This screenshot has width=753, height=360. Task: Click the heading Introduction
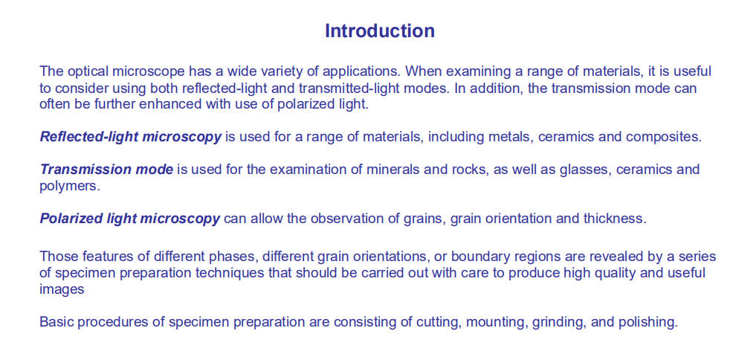[x=380, y=30]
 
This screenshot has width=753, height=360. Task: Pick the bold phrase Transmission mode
[x=106, y=169]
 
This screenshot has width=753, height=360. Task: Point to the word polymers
[x=70, y=186]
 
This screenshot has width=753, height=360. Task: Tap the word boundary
[x=477, y=257]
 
